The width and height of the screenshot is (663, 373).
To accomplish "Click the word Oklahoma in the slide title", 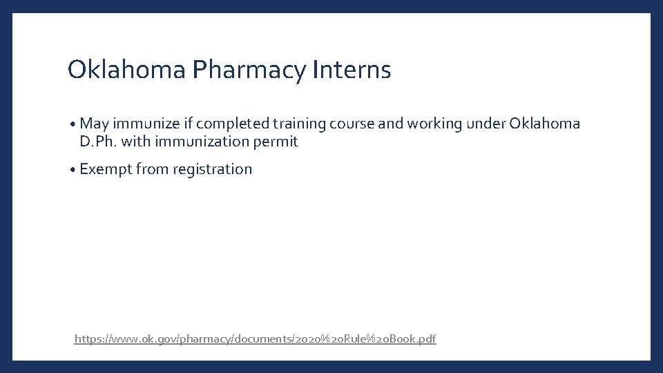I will (127, 70).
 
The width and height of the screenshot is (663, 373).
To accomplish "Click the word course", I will (352, 124).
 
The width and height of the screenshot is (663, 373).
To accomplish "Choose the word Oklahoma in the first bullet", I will (546, 124).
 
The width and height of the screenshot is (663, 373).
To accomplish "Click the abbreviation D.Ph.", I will (98, 142).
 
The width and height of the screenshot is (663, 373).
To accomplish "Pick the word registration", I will (213, 169).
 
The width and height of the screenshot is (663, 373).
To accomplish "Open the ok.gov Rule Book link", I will (255, 338).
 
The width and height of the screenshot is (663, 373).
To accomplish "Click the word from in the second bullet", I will (152, 169).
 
